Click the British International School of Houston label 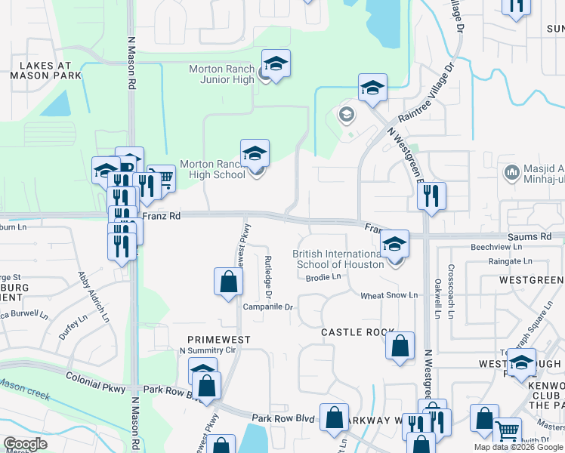(337, 259)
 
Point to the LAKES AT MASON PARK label (41, 71)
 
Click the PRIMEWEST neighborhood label (219, 340)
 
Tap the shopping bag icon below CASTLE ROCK (400, 347)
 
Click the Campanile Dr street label (267, 307)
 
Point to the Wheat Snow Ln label (388, 295)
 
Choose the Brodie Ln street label (324, 277)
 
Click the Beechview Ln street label (496, 247)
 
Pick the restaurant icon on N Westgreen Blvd (432, 196)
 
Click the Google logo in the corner (25, 444)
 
